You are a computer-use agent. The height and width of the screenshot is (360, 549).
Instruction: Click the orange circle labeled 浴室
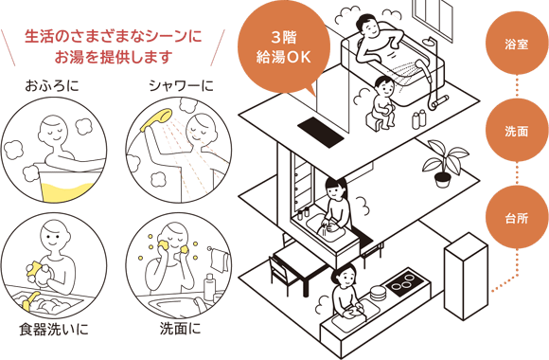tap(517, 44)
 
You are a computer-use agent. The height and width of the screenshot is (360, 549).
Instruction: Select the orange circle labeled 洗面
tap(517, 130)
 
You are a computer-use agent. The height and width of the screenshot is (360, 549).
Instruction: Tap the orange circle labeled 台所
tap(517, 217)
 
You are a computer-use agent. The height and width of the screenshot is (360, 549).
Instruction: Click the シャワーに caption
tap(181, 88)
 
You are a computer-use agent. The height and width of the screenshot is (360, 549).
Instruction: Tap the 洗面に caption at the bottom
tap(181, 331)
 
